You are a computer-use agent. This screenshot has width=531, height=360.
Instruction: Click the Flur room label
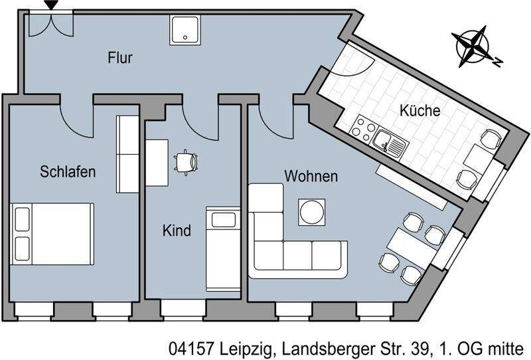tap(120, 58)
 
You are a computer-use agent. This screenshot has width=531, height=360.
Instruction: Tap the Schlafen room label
tap(68, 171)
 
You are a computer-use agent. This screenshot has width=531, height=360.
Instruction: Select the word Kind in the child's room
tap(177, 230)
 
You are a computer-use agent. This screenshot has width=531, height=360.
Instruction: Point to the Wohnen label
tap(311, 176)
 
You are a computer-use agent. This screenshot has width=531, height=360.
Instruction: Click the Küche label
tap(420, 110)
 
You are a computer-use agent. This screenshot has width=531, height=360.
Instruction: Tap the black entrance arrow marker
tap(52, 5)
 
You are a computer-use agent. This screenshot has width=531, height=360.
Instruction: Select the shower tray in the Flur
tap(185, 30)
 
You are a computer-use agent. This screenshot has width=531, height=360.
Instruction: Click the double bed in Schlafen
tap(52, 234)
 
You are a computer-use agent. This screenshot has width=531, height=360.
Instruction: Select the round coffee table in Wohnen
tap(312, 212)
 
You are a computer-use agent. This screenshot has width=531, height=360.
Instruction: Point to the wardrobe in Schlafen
tap(127, 154)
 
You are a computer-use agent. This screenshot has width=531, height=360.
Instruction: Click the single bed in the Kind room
tap(223, 249)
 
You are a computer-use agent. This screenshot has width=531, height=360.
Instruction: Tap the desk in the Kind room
tap(157, 163)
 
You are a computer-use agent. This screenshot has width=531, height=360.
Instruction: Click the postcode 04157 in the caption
tap(192, 349)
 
